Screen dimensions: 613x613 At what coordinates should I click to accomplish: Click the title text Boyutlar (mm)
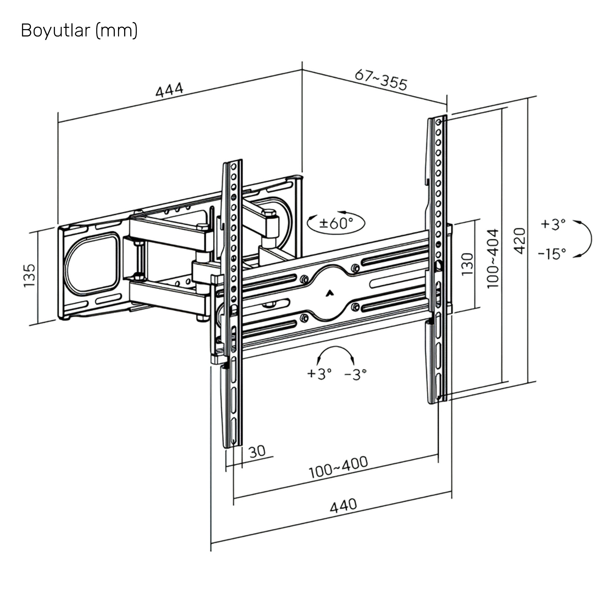tap(79, 31)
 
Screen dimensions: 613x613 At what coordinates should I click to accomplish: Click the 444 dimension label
tap(169, 90)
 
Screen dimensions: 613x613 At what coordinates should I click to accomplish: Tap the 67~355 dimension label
tap(381, 80)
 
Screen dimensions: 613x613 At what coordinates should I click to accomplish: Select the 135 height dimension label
tap(29, 276)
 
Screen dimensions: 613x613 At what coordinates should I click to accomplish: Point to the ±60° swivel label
tap(336, 223)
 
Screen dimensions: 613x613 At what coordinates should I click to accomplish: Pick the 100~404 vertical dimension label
tap(493, 259)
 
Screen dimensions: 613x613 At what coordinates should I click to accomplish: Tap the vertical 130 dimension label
tap(467, 264)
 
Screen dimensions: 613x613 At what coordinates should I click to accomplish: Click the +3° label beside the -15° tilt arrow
tap(553, 224)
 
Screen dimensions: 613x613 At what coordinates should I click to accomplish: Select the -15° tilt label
tap(552, 253)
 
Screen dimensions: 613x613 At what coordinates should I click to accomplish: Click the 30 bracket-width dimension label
tap(257, 451)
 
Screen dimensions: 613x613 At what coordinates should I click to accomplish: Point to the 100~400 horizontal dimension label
tap(338, 467)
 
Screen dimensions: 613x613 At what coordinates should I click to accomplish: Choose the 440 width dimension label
tap(343, 506)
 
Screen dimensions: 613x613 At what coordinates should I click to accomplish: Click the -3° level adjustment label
tap(355, 375)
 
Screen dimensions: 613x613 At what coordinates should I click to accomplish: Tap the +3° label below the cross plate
tap(319, 373)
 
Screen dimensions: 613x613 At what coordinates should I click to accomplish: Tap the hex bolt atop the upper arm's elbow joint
tap(269, 212)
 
